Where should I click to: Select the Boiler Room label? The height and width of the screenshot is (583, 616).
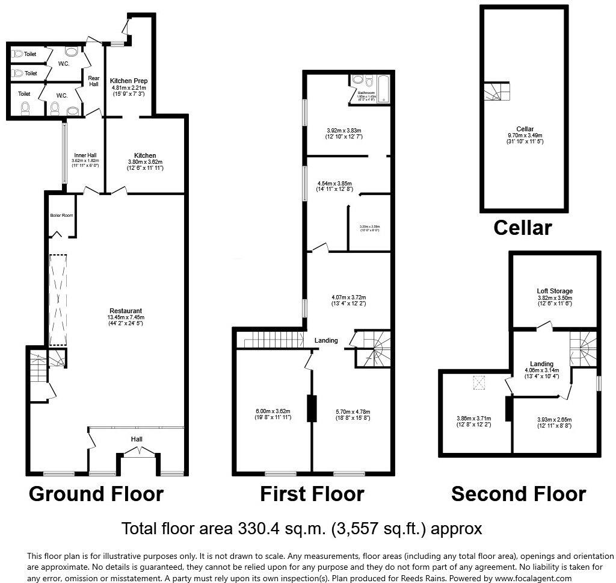pyautogui.click(x=61, y=215)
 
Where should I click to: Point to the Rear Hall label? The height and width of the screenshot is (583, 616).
pyautogui.click(x=94, y=81)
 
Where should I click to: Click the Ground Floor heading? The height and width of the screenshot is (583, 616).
pyautogui.click(x=96, y=494)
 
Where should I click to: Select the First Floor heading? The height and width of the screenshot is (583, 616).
pyautogui.click(x=312, y=494)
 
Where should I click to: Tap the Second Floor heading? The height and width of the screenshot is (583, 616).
pyautogui.click(x=519, y=494)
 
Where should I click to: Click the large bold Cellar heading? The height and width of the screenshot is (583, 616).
pyautogui.click(x=522, y=228)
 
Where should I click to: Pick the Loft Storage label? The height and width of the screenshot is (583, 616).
pyautogui.click(x=554, y=291)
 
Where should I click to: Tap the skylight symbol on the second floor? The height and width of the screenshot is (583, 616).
pyautogui.click(x=479, y=383)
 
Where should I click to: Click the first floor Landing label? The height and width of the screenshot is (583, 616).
pyautogui.click(x=326, y=340)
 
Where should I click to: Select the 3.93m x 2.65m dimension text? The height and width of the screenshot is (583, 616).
pyautogui.click(x=554, y=420)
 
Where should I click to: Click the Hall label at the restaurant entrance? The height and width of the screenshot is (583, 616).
pyautogui.click(x=137, y=439)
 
